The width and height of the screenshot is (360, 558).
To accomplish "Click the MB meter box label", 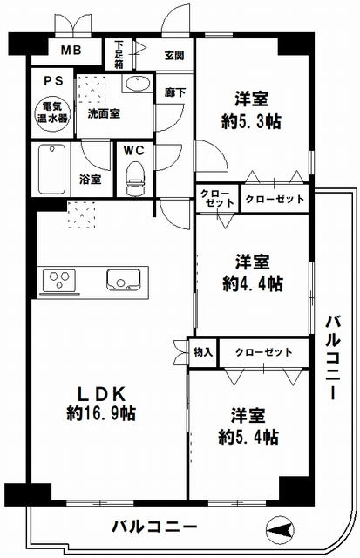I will tap(71, 50).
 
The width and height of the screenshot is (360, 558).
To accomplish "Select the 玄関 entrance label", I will tap(174, 54).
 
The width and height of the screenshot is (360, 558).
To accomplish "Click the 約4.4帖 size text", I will tap(252, 283).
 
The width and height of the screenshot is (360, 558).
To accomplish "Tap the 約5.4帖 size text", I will tap(249, 436).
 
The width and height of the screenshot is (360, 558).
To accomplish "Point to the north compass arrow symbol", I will tap(280, 527).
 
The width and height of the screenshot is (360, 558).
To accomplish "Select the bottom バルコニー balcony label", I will tap(153, 527).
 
